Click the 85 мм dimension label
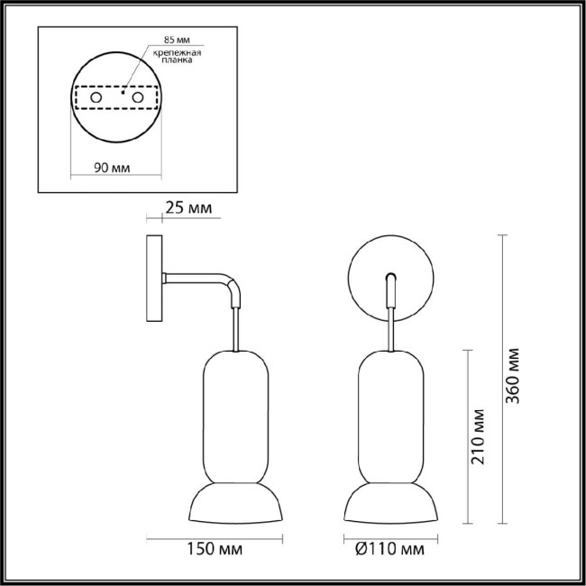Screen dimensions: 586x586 pos(177,41)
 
